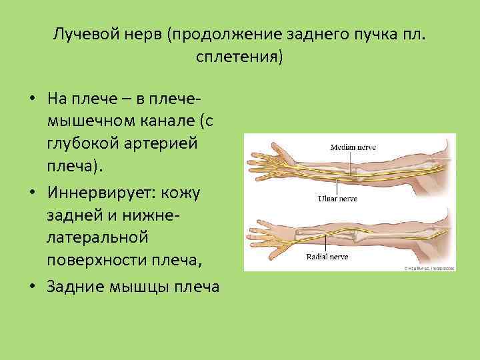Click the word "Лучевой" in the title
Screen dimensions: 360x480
tap(86, 34)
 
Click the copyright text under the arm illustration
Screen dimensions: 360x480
tap(427, 267)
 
